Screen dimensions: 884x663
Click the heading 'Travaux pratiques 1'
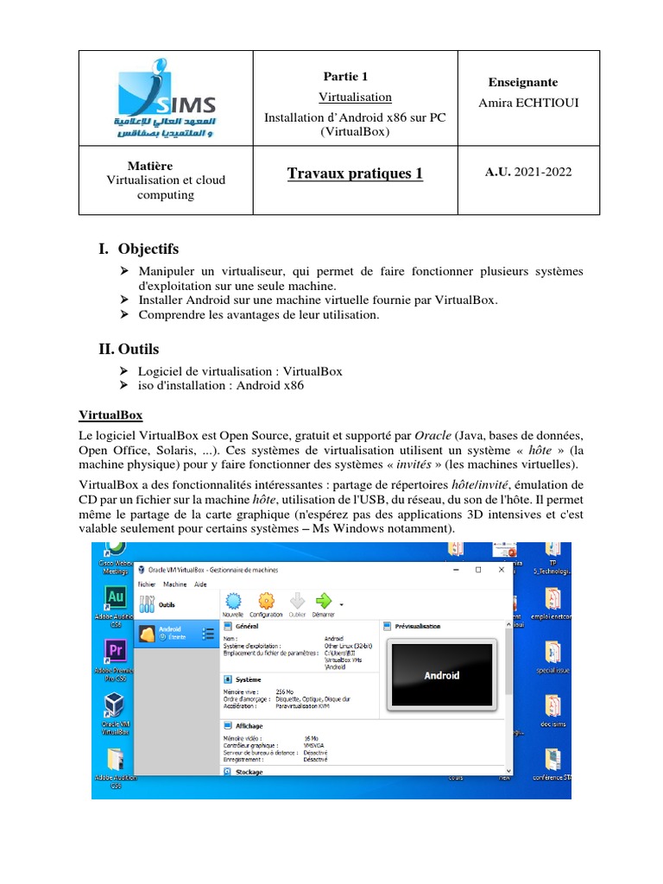tap(355, 174)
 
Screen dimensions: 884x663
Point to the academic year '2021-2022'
tap(543, 172)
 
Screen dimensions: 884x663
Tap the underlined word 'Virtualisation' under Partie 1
tap(355, 97)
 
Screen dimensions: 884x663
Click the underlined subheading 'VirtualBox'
tap(110, 415)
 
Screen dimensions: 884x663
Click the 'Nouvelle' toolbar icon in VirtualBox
tap(233, 602)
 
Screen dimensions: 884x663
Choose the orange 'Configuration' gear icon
tap(268, 602)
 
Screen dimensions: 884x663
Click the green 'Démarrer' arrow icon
tap(324, 602)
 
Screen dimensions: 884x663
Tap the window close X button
tap(499, 570)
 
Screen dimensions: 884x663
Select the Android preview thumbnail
tap(442, 675)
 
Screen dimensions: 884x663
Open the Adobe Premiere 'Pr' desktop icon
tap(114, 653)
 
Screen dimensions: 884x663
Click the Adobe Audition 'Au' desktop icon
tap(115, 597)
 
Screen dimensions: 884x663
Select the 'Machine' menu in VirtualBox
tap(174, 584)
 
